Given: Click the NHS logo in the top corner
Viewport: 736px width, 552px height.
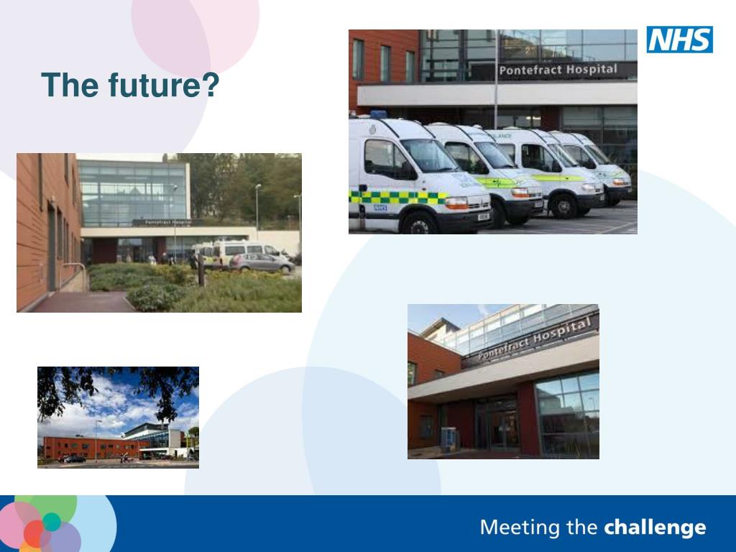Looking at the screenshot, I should (x=679, y=40).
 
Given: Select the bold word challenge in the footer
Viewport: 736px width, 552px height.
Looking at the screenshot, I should (x=655, y=528).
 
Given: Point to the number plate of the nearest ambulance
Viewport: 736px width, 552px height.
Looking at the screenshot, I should (x=483, y=216).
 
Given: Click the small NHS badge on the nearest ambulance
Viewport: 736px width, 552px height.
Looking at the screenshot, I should (x=379, y=208).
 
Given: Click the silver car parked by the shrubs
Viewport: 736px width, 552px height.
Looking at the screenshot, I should (x=262, y=263).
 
